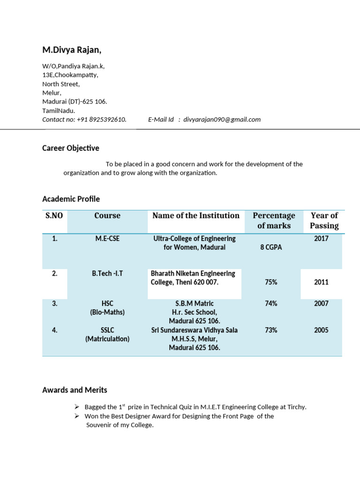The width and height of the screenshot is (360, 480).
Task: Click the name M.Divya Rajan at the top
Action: (72, 50)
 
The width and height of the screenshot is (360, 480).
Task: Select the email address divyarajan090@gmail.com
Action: (222, 120)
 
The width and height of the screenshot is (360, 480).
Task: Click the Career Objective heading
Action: (71, 148)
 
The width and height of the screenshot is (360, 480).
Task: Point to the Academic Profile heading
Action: (71, 199)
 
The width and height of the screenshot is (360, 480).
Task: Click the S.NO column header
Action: (54, 216)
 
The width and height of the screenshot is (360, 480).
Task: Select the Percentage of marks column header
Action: (274, 220)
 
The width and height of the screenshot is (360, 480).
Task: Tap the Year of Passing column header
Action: (324, 220)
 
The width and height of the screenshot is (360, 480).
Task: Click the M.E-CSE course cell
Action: (107, 239)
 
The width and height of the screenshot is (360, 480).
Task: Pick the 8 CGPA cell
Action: (271, 247)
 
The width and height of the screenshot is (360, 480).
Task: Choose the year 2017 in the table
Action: (321, 239)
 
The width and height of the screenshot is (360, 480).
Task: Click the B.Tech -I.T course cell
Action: (107, 273)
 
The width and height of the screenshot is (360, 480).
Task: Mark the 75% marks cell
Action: (271, 282)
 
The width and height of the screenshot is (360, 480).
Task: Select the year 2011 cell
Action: (321, 282)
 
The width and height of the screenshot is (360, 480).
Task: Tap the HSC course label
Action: (107, 303)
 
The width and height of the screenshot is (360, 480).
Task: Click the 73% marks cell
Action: (271, 330)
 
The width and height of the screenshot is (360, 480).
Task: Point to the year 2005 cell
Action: (321, 330)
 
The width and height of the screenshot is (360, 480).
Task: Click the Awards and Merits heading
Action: (75, 390)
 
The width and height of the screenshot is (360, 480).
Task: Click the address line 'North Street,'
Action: (61, 84)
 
